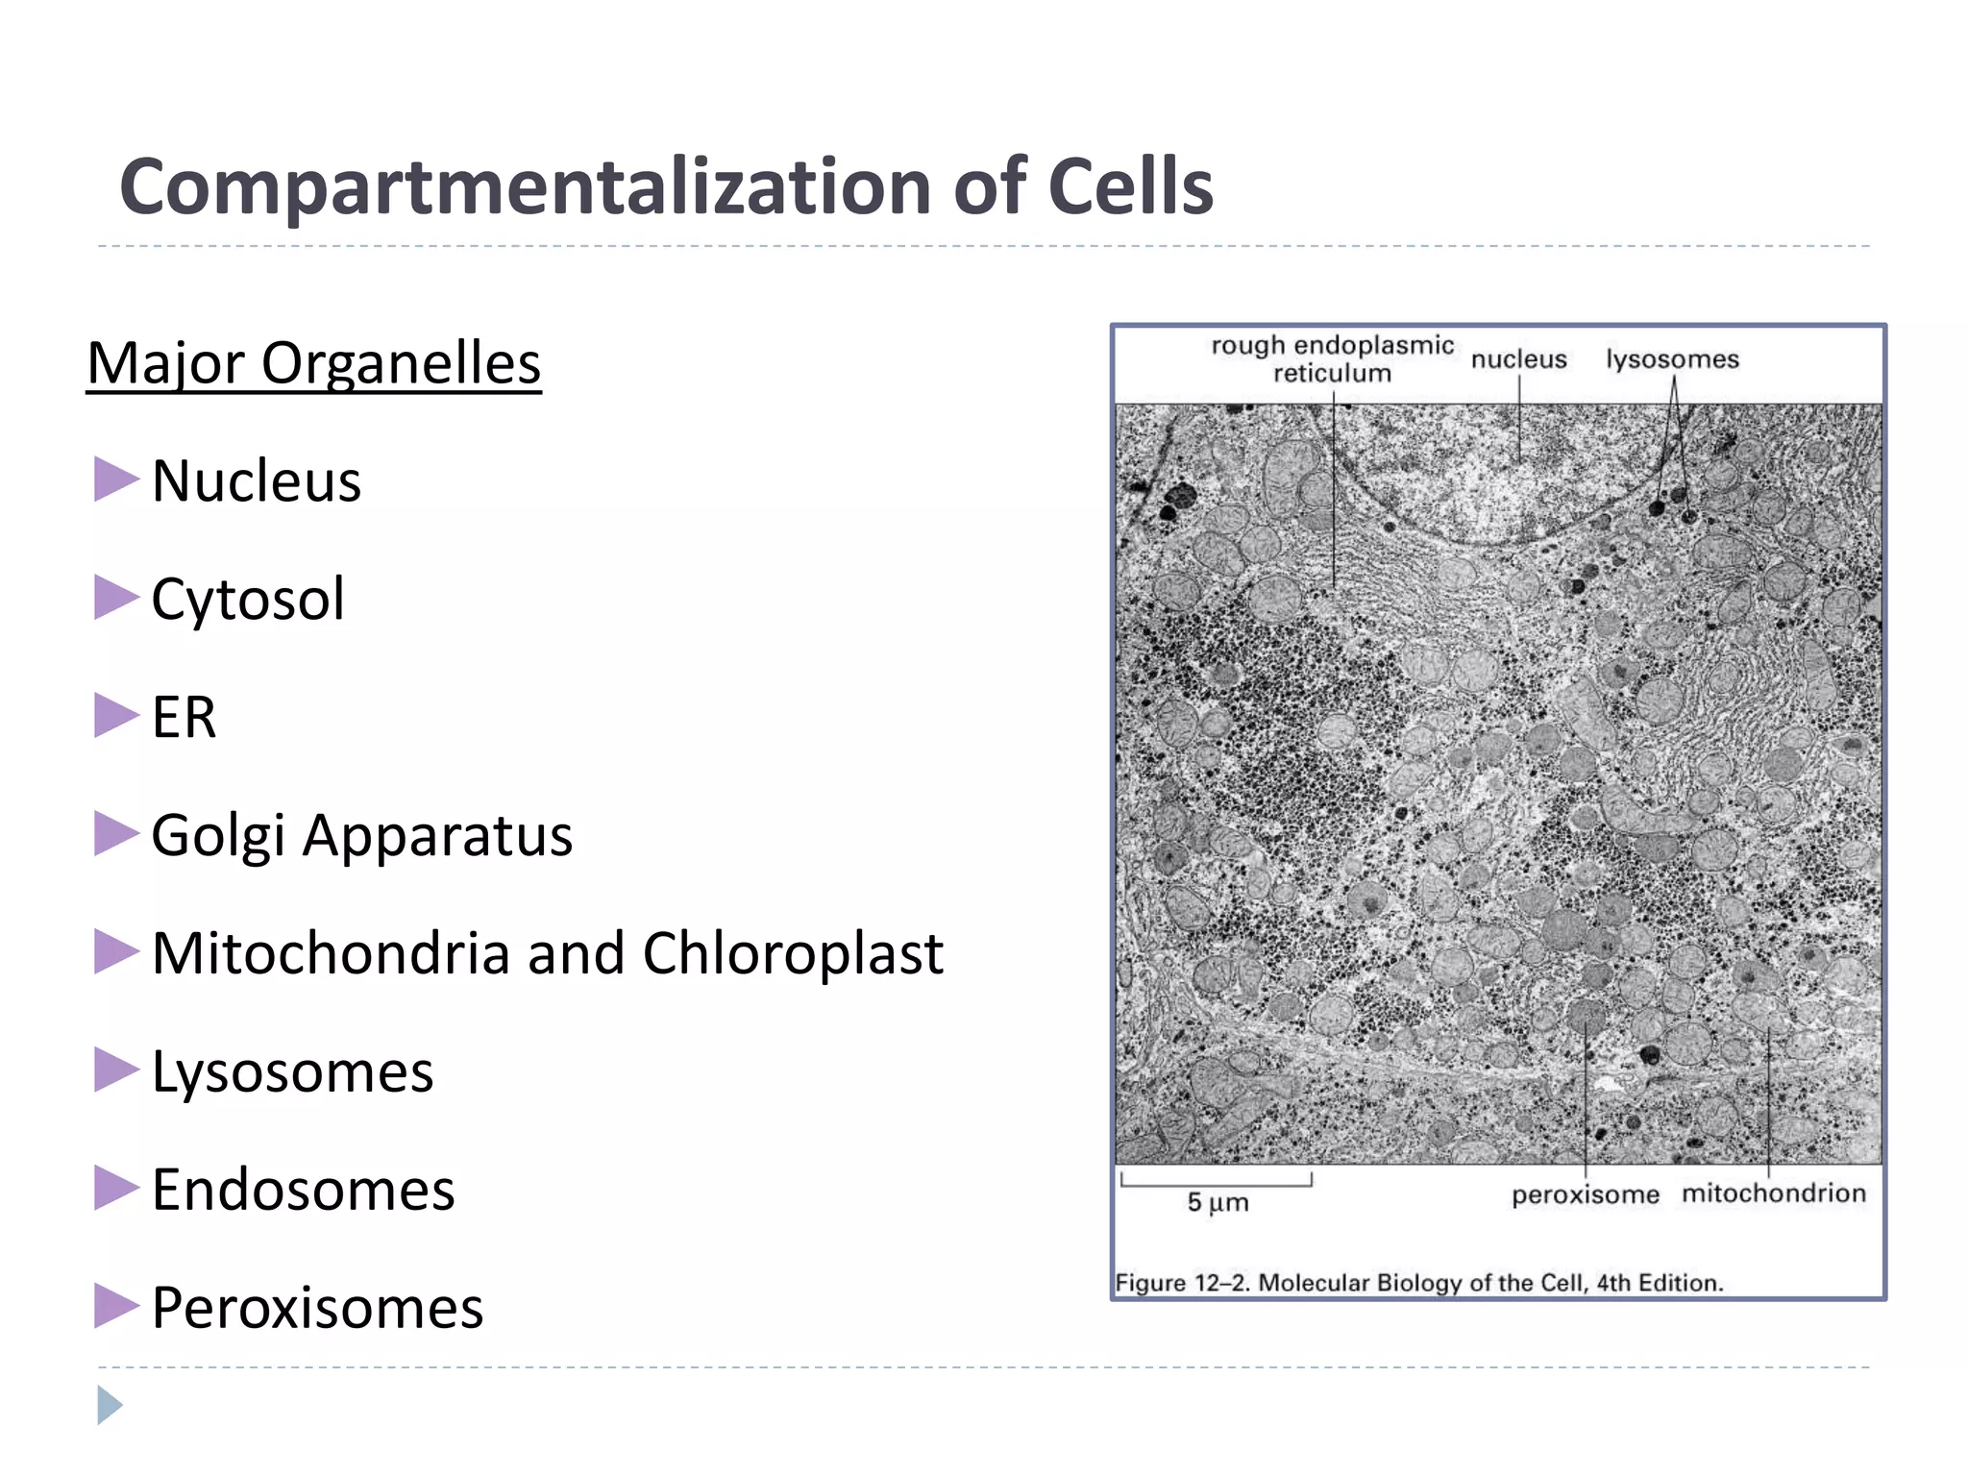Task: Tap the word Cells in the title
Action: pos(1130,187)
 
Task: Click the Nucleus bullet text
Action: pos(257,480)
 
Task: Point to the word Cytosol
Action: pos(248,599)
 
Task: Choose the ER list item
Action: pos(184,717)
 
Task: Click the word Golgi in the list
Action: pos(218,835)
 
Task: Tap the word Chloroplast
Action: pos(793,953)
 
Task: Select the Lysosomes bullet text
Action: pos(292,1071)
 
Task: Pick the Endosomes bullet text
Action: pos(303,1190)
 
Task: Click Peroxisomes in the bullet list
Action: pos(317,1308)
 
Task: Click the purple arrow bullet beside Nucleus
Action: pos(115,480)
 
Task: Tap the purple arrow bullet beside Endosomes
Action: pos(115,1189)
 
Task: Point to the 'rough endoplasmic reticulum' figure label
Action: pos(1332,359)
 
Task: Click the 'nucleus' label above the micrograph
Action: pos(1518,359)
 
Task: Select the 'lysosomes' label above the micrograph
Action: pos(1672,359)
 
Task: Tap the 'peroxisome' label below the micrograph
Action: pos(1585,1195)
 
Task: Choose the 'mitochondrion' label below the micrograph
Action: pos(1773,1193)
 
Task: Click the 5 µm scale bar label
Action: pos(1218,1202)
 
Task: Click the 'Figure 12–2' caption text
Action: pos(1418,1283)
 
